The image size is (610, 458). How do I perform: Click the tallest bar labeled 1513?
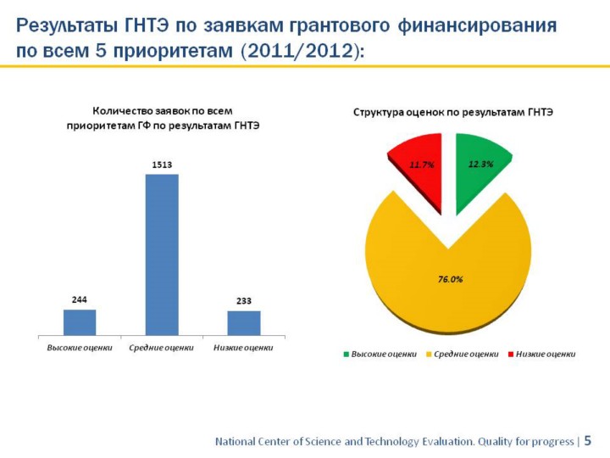pyautogui.click(x=162, y=254)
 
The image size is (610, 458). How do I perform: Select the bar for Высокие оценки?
pyautogui.click(x=80, y=321)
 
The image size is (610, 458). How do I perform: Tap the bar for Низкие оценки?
pyautogui.click(x=244, y=322)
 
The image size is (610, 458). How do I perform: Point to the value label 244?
pyautogui.click(x=80, y=299)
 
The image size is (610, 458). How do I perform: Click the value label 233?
pyautogui.click(x=244, y=301)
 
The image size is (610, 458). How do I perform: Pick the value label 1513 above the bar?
pyautogui.click(x=162, y=165)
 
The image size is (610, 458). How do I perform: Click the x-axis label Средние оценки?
pyautogui.click(x=162, y=347)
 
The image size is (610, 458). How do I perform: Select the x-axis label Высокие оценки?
pyautogui.click(x=80, y=347)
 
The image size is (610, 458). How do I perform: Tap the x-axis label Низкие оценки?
pyautogui.click(x=244, y=347)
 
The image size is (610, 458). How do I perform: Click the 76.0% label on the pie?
pyautogui.click(x=450, y=278)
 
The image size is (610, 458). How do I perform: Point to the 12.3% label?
pyautogui.click(x=480, y=164)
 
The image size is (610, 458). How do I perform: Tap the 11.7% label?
pyautogui.click(x=421, y=165)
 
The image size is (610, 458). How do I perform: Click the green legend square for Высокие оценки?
pyautogui.click(x=346, y=355)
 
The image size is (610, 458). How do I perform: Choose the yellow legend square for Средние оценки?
pyautogui.click(x=428, y=355)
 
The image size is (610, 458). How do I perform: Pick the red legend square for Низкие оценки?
pyautogui.click(x=511, y=355)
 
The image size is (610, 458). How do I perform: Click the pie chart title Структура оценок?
pyautogui.click(x=453, y=112)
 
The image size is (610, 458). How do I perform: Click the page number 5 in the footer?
pyautogui.click(x=587, y=441)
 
